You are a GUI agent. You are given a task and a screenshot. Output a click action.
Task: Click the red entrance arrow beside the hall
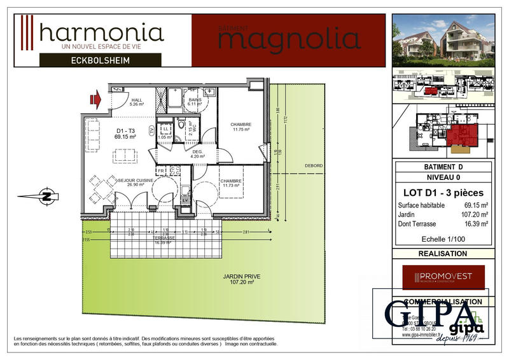pyautogui.click(x=97, y=99)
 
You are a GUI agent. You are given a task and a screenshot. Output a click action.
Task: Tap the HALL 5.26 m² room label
pyautogui.click(x=137, y=102)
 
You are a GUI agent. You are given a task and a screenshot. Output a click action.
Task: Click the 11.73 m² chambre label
pyautogui.click(x=230, y=183)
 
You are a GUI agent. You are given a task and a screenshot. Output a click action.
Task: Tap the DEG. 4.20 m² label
pyautogui.click(x=197, y=154)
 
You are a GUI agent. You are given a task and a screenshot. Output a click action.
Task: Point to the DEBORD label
pyautogui.click(x=313, y=166)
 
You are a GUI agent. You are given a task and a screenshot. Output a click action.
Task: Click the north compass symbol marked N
pyautogui.click(x=45, y=196)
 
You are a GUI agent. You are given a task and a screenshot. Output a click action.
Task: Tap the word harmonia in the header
pyautogui.click(x=101, y=32)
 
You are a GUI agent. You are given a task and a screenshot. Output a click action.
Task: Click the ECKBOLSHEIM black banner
pyautogui.click(x=101, y=60)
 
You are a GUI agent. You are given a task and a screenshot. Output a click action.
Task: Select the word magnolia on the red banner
pyautogui.click(x=288, y=39)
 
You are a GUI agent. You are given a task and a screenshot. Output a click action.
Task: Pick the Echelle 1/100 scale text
pyautogui.click(x=444, y=240)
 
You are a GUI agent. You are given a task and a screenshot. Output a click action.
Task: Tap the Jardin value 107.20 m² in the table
pyautogui.click(x=475, y=214)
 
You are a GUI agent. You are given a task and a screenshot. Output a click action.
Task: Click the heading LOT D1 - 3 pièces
pyautogui.click(x=444, y=192)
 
